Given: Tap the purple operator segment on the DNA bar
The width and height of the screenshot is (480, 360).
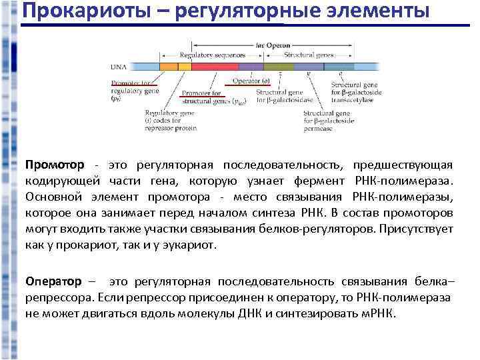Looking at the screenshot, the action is [x=251, y=67].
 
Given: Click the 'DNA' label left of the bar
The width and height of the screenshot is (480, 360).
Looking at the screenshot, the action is [x=117, y=67].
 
